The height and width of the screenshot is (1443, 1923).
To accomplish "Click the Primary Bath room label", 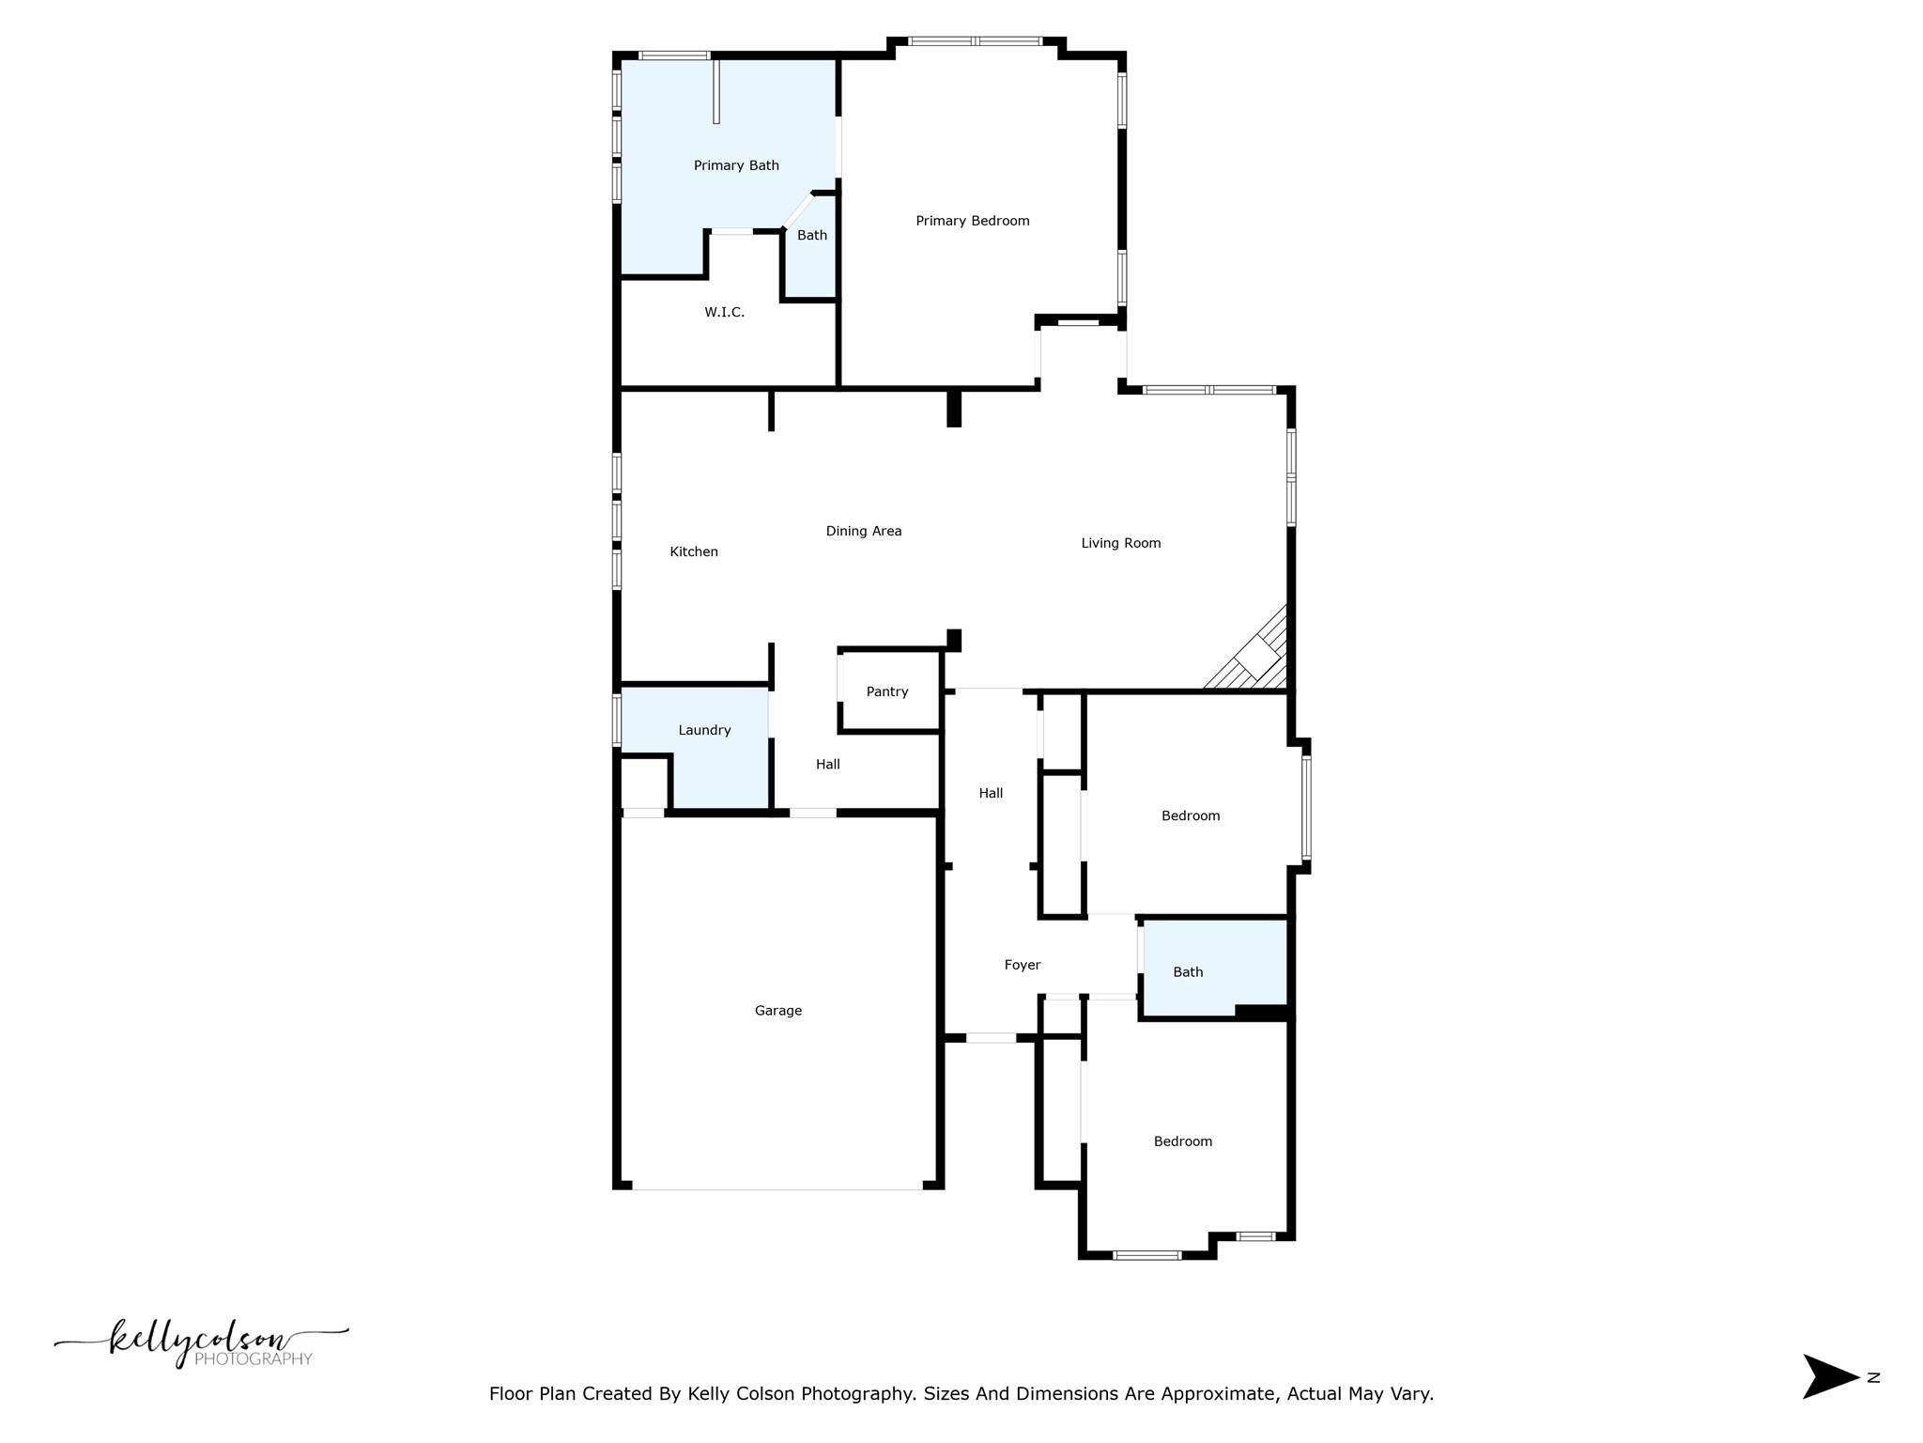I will click(736, 165).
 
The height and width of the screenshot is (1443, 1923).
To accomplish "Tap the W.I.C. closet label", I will click(724, 312).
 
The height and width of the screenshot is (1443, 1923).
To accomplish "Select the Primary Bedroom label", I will click(972, 221).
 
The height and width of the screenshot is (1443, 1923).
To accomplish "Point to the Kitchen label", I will click(693, 551).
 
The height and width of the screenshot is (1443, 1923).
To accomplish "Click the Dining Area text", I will click(863, 531).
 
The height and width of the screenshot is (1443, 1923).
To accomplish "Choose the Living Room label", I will click(1120, 543).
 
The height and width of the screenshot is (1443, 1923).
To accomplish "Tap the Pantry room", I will click(886, 691).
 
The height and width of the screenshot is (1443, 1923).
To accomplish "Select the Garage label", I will click(777, 1011).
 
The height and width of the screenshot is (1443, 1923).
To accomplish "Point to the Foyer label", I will click(1022, 965).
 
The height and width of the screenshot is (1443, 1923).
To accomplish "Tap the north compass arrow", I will click(1829, 1377).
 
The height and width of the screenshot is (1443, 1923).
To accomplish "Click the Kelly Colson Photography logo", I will click(201, 1342).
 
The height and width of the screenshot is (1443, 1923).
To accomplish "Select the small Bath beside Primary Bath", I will click(811, 236).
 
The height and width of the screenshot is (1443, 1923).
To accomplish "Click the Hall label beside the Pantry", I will click(827, 765).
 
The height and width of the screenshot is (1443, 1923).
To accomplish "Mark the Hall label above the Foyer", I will click(991, 793).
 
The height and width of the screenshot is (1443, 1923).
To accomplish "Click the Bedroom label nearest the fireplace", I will click(1190, 815).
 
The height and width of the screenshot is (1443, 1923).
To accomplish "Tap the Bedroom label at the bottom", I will click(1182, 1141).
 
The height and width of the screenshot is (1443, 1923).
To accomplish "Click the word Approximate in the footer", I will click(1218, 1394).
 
